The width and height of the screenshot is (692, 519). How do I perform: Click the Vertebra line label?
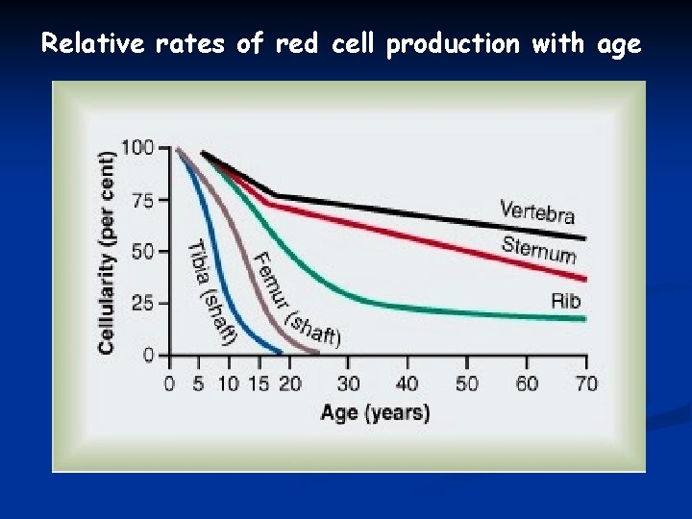pyautogui.click(x=537, y=211)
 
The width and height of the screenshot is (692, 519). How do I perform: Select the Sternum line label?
pyautogui.click(x=538, y=249)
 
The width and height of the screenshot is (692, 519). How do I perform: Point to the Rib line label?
pyautogui.click(x=566, y=301)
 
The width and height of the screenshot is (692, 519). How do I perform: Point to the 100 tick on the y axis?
pyautogui.click(x=137, y=147)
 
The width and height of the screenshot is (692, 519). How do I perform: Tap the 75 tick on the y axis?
pyautogui.click(x=142, y=200)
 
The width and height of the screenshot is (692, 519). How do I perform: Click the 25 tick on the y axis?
pyautogui.click(x=142, y=304)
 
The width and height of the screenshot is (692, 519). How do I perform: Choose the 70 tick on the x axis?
pyautogui.click(x=585, y=383)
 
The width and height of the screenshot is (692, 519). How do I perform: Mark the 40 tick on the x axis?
pyautogui.click(x=407, y=383)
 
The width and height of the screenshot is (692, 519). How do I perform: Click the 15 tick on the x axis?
pyautogui.click(x=259, y=383)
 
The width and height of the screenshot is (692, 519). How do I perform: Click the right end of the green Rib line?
pyautogui.click(x=584, y=317)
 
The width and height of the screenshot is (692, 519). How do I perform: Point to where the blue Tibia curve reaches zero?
pyautogui.click(x=281, y=353)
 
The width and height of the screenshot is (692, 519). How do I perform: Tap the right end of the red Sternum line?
pyautogui.click(x=584, y=279)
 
